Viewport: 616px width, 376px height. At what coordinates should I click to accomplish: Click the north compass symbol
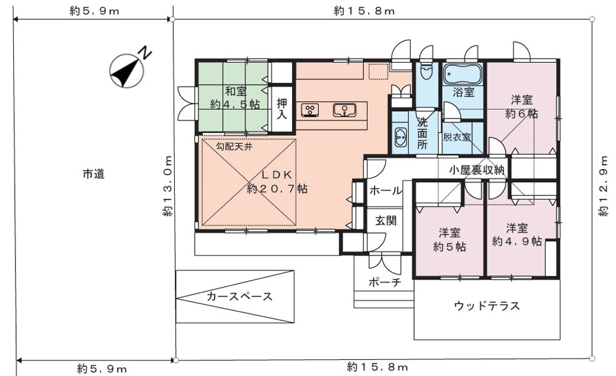[x=127, y=70]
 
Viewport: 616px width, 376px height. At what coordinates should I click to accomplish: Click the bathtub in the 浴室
[x=463, y=74]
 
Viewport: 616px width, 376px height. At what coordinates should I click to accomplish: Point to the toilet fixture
[x=425, y=71]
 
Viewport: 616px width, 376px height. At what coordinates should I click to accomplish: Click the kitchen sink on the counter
[x=345, y=110]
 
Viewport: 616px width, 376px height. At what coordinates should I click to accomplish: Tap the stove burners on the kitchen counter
[x=311, y=110]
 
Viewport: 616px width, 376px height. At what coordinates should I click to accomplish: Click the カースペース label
[x=239, y=296]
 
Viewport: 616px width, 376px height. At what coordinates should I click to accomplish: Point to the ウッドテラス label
[x=487, y=306]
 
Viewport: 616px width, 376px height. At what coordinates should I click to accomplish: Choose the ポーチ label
[x=385, y=282]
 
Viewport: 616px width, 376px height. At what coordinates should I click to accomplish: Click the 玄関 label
[x=386, y=220]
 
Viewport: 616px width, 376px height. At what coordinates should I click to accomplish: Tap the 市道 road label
[x=94, y=174]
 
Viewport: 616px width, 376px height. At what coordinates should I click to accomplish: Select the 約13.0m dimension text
[x=168, y=186]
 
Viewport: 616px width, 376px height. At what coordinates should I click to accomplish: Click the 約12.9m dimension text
[x=603, y=186]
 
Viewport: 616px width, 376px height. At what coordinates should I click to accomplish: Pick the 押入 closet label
[x=282, y=109]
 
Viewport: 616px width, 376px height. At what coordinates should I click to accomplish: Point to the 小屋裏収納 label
[x=477, y=170]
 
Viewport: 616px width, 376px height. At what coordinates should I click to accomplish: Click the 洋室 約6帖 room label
[x=522, y=106]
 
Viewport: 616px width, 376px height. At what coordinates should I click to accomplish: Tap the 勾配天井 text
[x=234, y=147]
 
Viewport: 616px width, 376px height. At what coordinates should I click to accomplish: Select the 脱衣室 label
[x=457, y=137]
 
